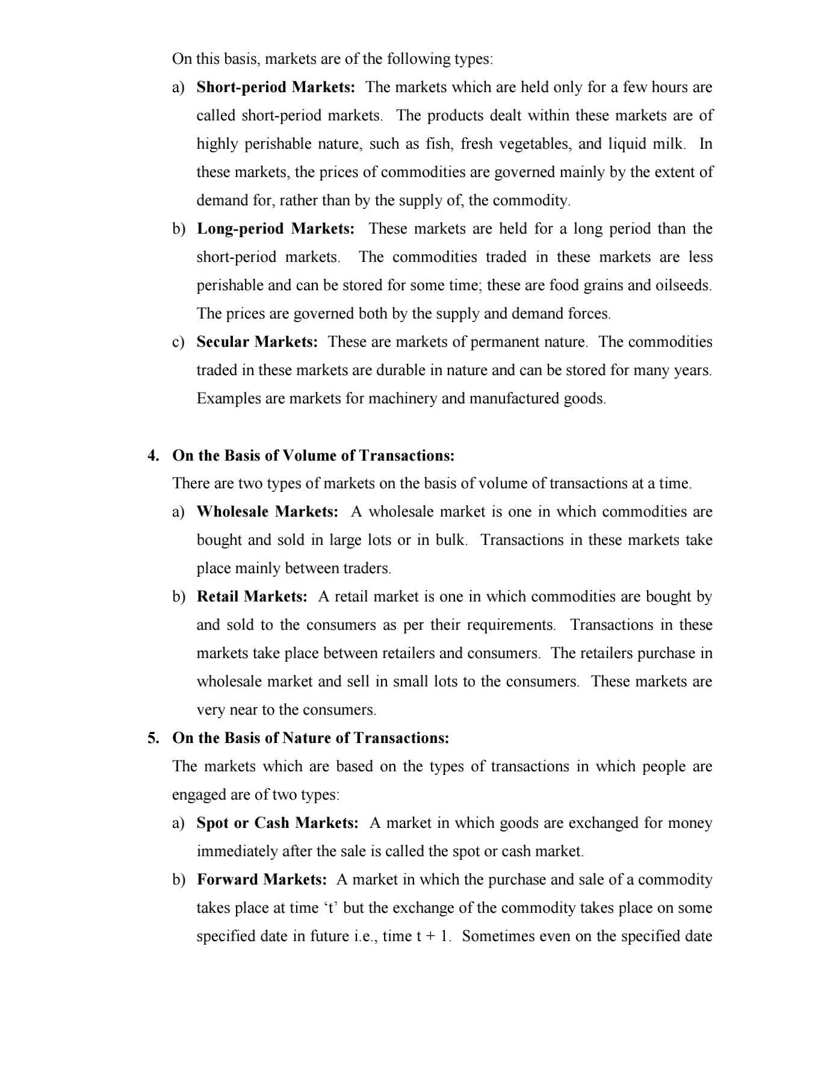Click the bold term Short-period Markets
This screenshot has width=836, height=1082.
tap(276, 87)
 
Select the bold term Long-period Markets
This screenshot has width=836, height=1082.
tap(276, 229)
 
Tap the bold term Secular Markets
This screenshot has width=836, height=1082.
tap(257, 342)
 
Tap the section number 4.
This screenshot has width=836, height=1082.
tap(153, 455)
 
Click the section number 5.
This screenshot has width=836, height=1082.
tap(153, 738)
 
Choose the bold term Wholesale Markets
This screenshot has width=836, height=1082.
tap(267, 512)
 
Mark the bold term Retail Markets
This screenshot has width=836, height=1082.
tap(252, 597)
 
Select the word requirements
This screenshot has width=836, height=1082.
tap(513, 625)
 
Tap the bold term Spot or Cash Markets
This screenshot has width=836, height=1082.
tap(277, 823)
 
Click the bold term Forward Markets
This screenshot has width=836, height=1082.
tap(261, 880)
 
